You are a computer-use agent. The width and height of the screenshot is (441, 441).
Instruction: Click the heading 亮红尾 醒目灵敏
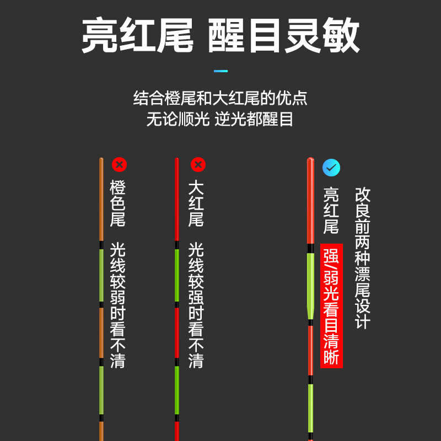[x=220, y=37]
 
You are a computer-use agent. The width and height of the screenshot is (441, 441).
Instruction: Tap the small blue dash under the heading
[x=220, y=71]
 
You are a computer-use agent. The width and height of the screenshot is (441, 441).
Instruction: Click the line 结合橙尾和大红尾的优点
[x=220, y=98]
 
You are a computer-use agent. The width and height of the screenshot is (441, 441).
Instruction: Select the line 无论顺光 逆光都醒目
[x=220, y=119]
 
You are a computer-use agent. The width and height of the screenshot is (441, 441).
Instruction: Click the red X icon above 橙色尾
[x=119, y=164]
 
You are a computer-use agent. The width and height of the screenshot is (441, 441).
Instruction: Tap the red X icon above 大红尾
[x=198, y=164]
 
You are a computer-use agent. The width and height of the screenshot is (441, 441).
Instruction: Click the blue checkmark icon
[x=331, y=168]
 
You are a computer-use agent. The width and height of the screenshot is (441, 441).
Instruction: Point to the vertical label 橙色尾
[x=118, y=203]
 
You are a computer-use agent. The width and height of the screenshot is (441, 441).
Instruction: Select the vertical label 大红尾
[x=196, y=203]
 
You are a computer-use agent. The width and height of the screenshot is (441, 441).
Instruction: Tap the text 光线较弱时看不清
[x=118, y=305]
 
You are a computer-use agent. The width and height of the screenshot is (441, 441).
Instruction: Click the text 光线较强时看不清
[x=196, y=305]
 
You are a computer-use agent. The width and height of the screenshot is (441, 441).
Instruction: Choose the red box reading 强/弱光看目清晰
[x=331, y=305]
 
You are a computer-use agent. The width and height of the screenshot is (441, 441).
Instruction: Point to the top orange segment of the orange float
[x=101, y=198]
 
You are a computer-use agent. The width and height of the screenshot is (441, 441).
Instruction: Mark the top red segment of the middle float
[x=177, y=198]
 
